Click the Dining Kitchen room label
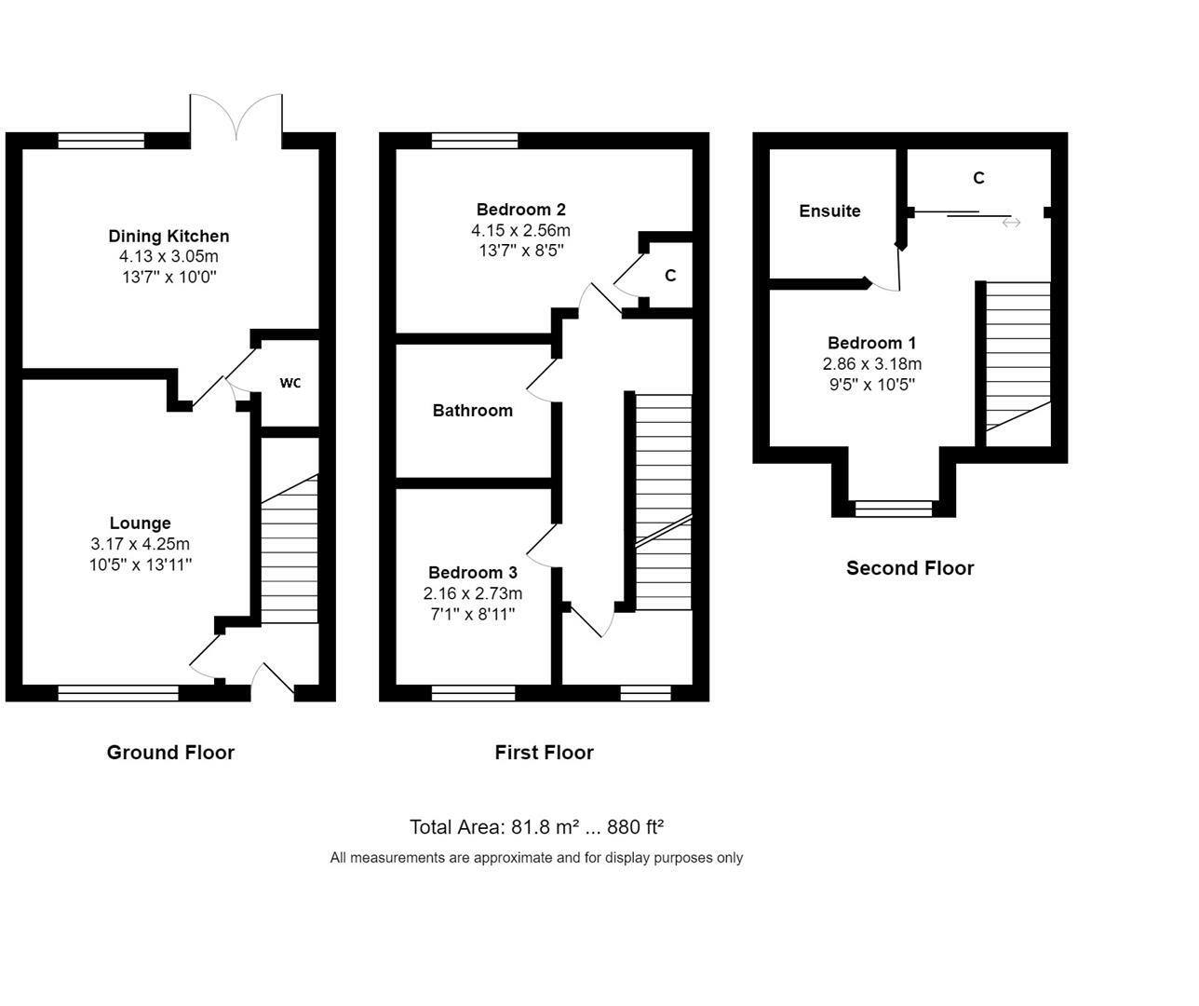click(x=168, y=237)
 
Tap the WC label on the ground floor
click(x=290, y=383)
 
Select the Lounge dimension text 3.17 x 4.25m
click(x=141, y=543)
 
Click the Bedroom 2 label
click(x=520, y=210)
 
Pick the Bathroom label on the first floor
click(x=473, y=411)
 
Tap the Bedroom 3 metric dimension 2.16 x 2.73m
click(x=473, y=593)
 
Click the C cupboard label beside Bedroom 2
click(x=670, y=276)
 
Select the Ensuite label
click(x=829, y=211)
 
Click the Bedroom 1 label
click(x=871, y=343)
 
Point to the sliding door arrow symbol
click(x=1011, y=223)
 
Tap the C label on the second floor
click(x=979, y=178)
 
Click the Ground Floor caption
click(x=170, y=753)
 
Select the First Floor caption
click(x=544, y=753)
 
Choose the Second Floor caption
click(x=910, y=568)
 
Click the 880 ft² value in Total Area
click(x=635, y=827)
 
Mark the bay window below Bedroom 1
click(x=894, y=509)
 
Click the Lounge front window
click(x=118, y=693)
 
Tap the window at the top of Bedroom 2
click(x=475, y=141)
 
